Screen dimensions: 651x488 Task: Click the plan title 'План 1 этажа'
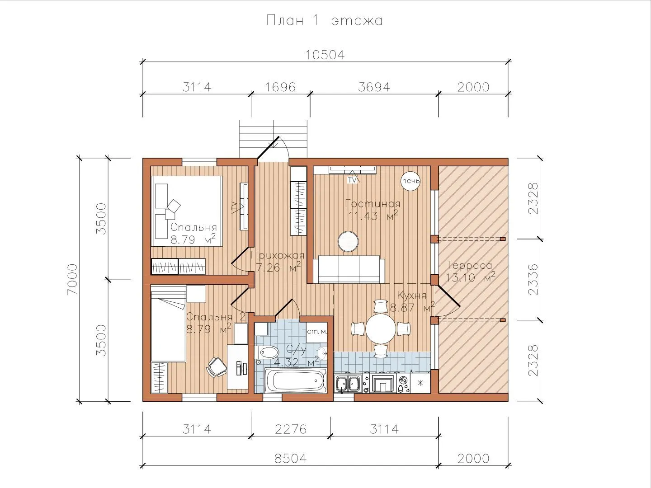click(325, 20)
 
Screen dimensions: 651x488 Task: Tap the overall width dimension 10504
click(325, 55)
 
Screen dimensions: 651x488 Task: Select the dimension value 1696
click(280, 87)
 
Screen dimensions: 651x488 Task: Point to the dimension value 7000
click(73, 279)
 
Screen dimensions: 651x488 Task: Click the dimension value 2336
click(533, 279)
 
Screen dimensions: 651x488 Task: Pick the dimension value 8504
click(290, 458)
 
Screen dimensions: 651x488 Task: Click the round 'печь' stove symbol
click(411, 181)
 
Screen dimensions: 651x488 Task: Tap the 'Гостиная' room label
click(373, 204)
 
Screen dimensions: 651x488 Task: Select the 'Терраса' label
click(469, 265)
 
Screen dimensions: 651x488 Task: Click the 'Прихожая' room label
click(278, 255)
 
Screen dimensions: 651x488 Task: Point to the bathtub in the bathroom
click(295, 380)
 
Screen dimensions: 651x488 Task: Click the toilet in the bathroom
click(267, 352)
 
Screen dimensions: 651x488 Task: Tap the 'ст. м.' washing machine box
click(316, 332)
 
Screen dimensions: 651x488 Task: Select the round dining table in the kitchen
click(381, 328)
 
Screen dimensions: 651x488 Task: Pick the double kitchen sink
click(348, 384)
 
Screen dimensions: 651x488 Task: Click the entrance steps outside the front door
click(273, 138)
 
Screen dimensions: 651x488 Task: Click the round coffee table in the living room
click(348, 241)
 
